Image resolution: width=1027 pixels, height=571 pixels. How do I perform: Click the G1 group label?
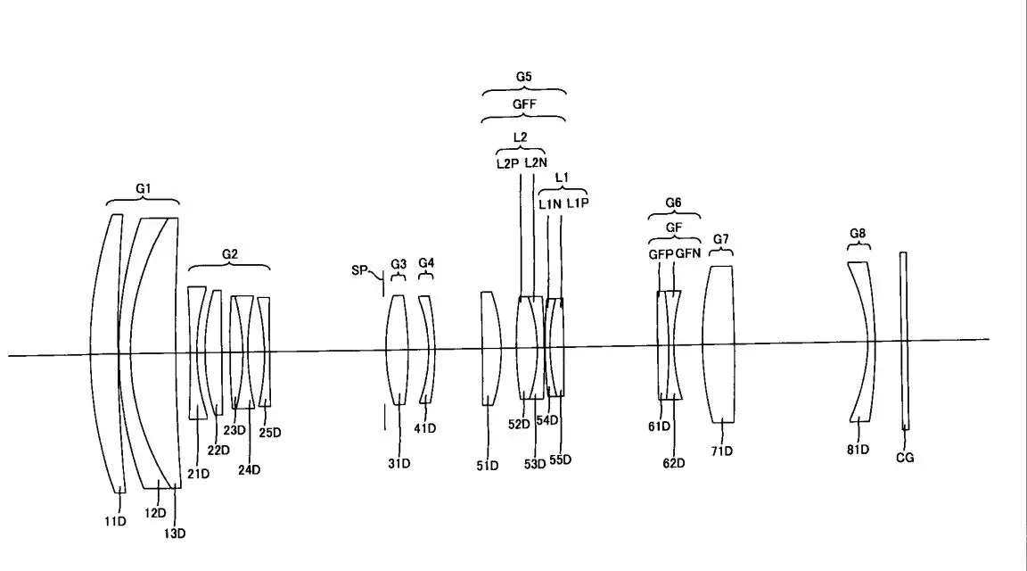click(x=144, y=189)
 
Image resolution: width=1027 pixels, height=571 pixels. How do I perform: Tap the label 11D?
click(x=115, y=521)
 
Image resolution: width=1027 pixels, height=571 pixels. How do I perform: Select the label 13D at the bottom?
click(x=174, y=534)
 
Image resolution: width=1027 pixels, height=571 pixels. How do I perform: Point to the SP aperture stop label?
click(x=359, y=270)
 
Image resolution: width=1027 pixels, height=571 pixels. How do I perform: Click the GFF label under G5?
click(x=524, y=104)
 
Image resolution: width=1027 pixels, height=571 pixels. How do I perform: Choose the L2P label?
click(x=507, y=164)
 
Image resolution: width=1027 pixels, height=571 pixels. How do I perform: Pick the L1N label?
click(x=550, y=204)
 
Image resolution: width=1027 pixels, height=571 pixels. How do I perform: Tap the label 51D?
click(x=488, y=466)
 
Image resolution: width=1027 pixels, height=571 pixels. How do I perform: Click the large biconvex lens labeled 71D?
click(x=719, y=344)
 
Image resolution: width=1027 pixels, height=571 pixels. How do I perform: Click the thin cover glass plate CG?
click(x=904, y=341)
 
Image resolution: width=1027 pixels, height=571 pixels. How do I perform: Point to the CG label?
click(x=905, y=458)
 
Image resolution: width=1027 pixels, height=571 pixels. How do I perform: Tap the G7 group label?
click(x=721, y=239)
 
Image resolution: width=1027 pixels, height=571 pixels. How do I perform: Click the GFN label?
click(x=687, y=253)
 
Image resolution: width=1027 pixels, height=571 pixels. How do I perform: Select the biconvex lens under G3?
click(x=397, y=350)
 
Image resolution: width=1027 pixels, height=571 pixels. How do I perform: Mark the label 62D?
click(x=674, y=463)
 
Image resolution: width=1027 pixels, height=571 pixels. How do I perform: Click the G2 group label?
click(x=230, y=254)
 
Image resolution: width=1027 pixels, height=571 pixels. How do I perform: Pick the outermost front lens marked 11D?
click(x=105, y=353)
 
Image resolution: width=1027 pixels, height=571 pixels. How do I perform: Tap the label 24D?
click(x=250, y=470)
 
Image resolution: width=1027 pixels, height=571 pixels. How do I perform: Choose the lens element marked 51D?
click(x=491, y=348)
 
